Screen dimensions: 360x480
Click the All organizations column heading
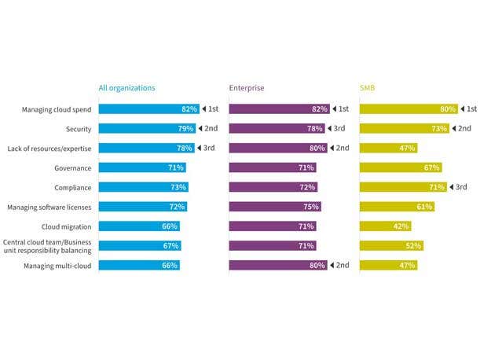point(126,88)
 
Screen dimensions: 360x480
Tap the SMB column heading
point(368,88)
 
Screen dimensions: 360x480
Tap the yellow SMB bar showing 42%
point(385,226)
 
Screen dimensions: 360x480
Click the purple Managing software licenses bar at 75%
point(275,207)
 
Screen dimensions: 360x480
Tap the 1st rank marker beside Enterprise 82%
point(340,109)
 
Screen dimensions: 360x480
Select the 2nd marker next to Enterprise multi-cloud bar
point(340,265)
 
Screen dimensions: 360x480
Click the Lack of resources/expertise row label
point(47,148)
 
